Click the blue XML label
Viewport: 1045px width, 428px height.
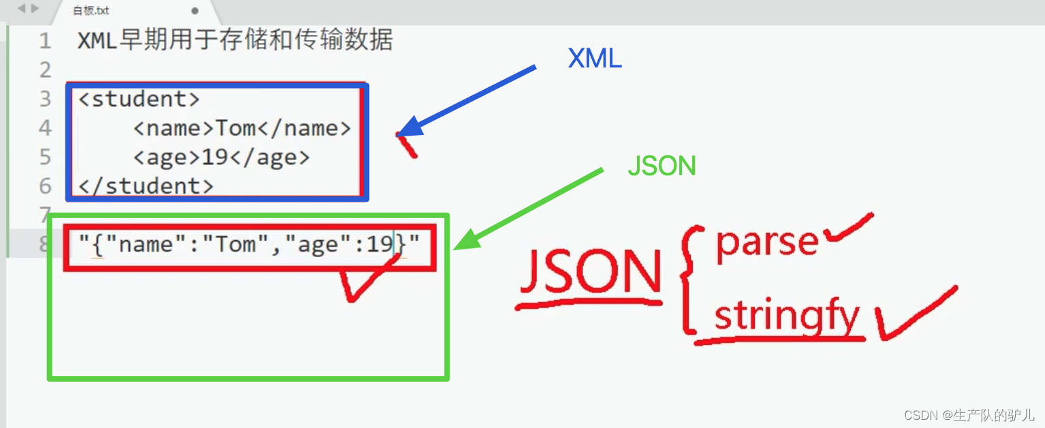pyautogui.click(x=594, y=60)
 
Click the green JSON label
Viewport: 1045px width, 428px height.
pyautogui.click(x=661, y=166)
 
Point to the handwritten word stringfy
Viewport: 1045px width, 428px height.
pyautogui.click(x=787, y=317)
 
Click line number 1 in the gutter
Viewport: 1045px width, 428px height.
pyautogui.click(x=45, y=41)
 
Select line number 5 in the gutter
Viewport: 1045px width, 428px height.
pyautogui.click(x=45, y=157)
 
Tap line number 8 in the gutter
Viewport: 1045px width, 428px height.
pyautogui.click(x=45, y=244)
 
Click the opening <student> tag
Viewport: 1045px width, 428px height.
pyautogui.click(x=139, y=100)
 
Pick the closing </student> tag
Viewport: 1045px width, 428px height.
pyautogui.click(x=146, y=186)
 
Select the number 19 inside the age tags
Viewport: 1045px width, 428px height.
pyautogui.click(x=215, y=157)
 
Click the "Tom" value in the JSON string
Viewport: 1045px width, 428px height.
pyautogui.click(x=235, y=244)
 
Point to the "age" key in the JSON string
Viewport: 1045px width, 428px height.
pyautogui.click(x=317, y=244)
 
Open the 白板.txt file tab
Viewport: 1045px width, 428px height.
pyautogui.click(x=91, y=11)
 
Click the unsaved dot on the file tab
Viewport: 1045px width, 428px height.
pyautogui.click(x=195, y=11)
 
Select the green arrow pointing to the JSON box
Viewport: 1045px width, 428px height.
pyautogui.click(x=528, y=207)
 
